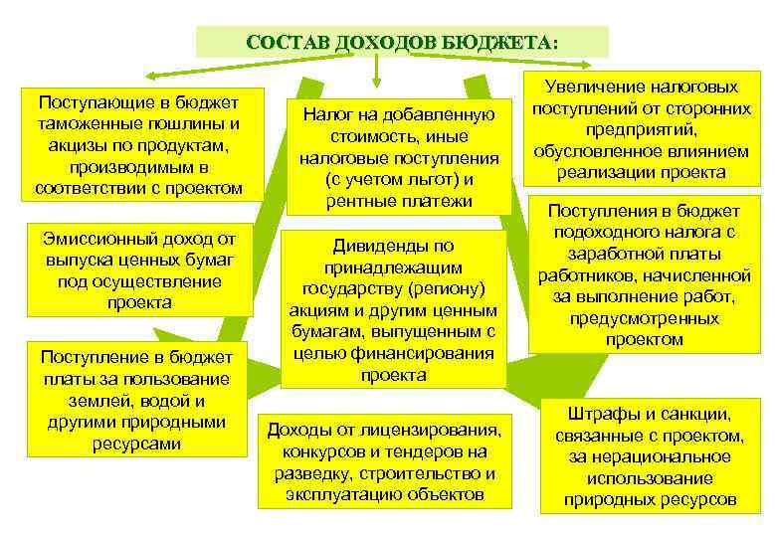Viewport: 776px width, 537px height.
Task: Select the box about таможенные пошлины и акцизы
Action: tap(137, 144)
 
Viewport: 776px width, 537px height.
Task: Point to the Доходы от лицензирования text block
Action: tap(384, 460)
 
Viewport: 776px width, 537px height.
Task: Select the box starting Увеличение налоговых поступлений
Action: tap(641, 129)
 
